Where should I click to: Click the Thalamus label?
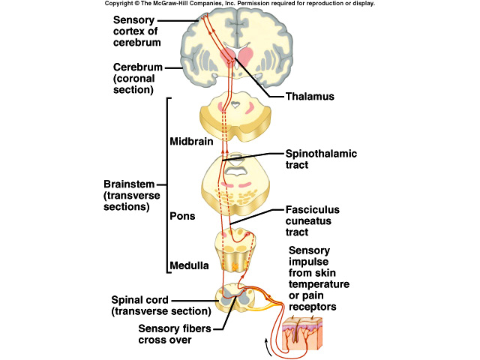[310, 97]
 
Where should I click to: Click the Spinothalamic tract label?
[322, 160]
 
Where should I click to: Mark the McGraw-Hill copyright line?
[239, 4]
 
